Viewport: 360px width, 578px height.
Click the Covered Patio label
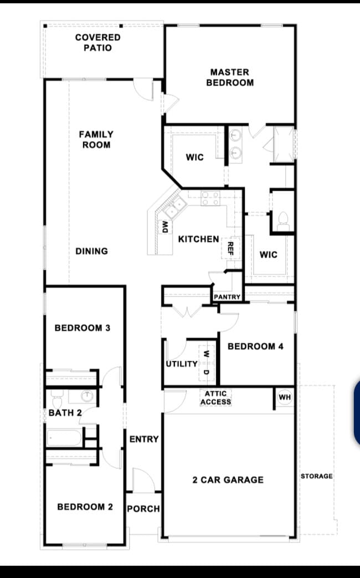[x=97, y=43]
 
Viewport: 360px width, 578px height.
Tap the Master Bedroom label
[x=230, y=77]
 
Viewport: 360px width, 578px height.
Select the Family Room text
[x=96, y=139]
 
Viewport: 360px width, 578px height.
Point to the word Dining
[x=91, y=251]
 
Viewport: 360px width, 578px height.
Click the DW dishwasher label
[x=164, y=226]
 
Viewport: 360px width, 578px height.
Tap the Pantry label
[x=227, y=297]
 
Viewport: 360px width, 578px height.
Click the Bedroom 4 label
[x=255, y=346]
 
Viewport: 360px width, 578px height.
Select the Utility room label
[x=182, y=364]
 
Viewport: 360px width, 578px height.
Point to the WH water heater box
[x=285, y=397]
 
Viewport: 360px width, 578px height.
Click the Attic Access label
[x=215, y=397]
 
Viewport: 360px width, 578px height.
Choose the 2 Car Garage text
[x=228, y=479]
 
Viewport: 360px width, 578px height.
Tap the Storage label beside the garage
[x=317, y=476]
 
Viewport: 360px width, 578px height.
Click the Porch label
[x=143, y=509]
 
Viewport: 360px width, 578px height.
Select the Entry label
[x=144, y=439]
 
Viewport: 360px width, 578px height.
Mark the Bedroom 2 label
[x=85, y=507]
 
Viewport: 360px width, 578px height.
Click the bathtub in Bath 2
[x=64, y=438]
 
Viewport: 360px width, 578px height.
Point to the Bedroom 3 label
[x=82, y=328]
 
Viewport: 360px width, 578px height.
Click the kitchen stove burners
[x=210, y=198]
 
